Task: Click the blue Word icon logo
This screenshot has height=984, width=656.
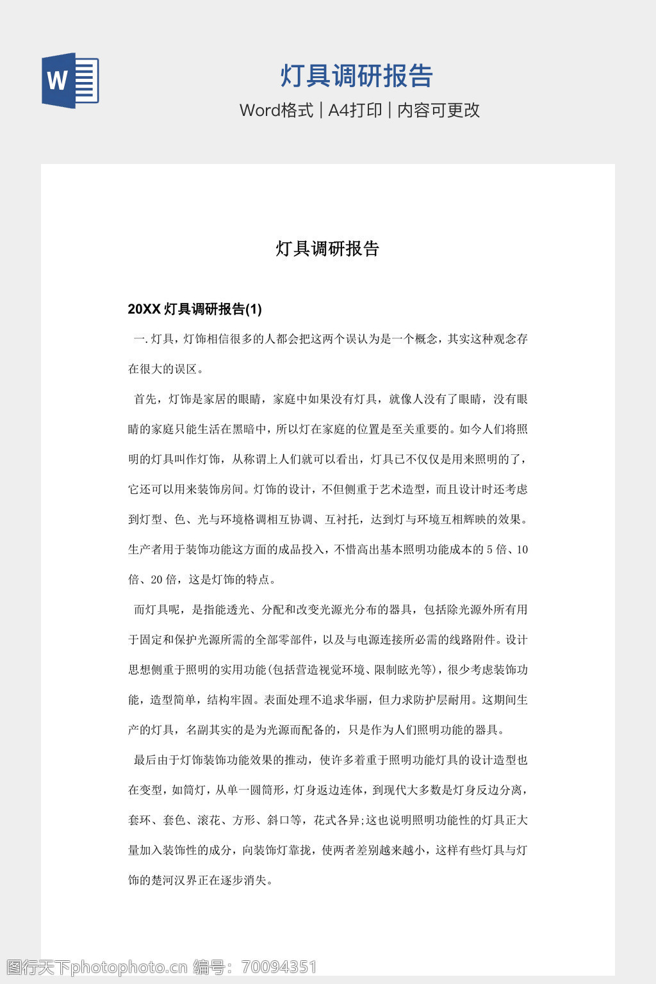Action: tap(70, 81)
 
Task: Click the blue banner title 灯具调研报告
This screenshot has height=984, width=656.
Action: tap(356, 76)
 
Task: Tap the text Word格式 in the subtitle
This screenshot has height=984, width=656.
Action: tap(276, 110)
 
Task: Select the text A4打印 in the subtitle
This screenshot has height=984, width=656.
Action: tap(355, 110)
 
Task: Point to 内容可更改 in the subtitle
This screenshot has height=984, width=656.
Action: tap(438, 110)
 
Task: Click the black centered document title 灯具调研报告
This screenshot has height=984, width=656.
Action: tap(327, 249)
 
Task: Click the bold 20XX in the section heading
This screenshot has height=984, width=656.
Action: tap(143, 309)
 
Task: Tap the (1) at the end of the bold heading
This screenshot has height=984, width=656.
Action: tap(254, 309)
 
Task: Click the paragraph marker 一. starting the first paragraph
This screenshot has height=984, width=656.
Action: tap(140, 339)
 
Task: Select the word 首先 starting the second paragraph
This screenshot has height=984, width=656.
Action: tap(145, 399)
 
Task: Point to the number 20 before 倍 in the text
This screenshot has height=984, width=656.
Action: tap(156, 580)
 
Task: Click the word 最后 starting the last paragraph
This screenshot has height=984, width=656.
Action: tap(145, 760)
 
